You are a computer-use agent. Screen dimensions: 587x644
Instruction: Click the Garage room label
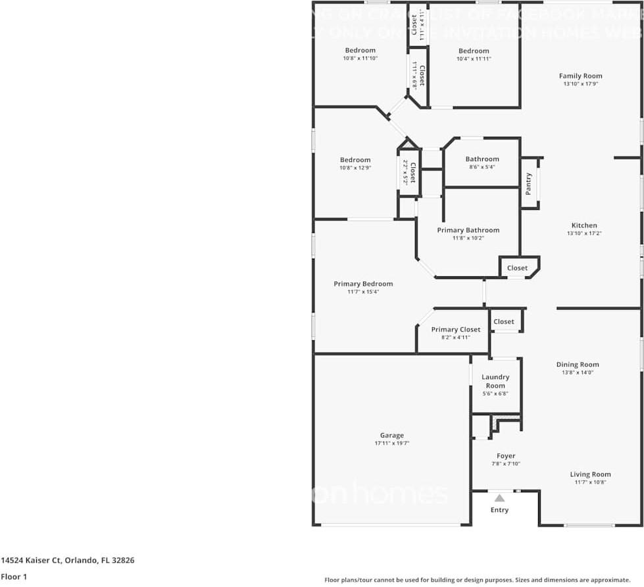pos(391,435)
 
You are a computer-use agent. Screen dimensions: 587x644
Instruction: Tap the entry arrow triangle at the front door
pos(499,498)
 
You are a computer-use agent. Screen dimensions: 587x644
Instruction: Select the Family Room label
pos(580,76)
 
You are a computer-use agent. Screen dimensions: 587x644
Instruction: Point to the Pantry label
pos(529,184)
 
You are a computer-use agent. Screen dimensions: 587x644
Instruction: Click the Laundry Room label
pos(495,381)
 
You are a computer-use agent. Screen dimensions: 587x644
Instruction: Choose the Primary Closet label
pos(455,329)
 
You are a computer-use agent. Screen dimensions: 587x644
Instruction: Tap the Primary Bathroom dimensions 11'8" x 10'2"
pos(468,238)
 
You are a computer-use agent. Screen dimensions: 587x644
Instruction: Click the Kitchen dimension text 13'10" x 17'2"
pos(583,234)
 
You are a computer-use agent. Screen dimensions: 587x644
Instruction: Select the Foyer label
pos(506,455)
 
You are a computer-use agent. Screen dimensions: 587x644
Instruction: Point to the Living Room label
pos(590,474)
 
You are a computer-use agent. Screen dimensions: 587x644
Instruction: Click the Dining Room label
pos(577,364)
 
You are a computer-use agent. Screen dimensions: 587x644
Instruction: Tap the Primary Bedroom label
pos(362,284)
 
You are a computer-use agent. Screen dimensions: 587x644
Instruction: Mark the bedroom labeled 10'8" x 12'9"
pos(355,160)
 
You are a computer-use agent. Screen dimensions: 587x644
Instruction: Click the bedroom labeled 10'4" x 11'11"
pos(474,51)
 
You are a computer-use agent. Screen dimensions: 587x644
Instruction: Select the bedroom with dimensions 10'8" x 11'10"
pos(360,51)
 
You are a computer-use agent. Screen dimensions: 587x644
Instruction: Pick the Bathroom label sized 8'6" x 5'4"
pos(482,159)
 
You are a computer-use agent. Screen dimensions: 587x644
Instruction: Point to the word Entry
pos(499,510)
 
